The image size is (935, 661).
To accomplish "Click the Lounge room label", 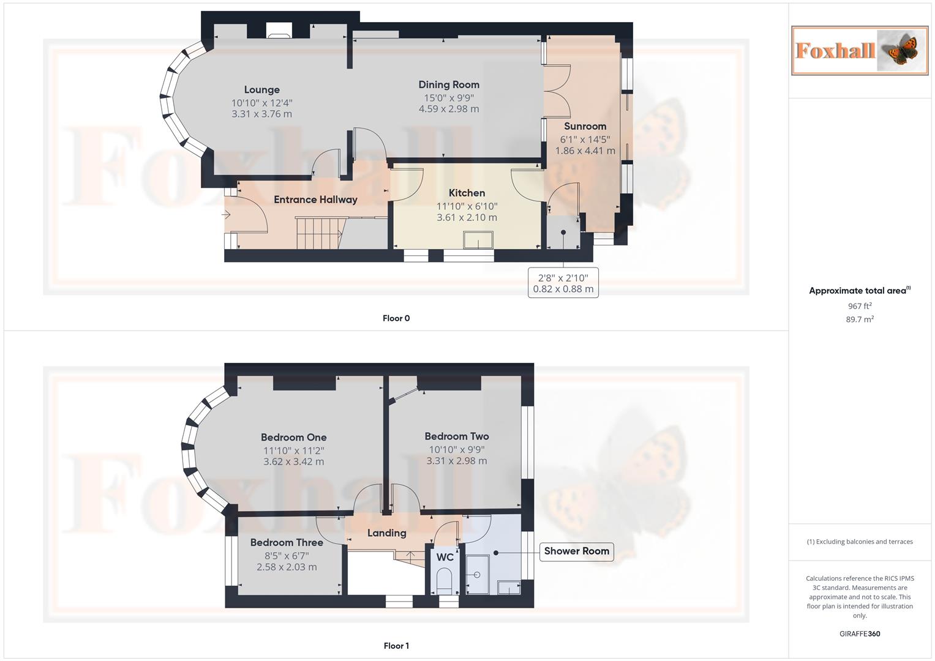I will click(x=261, y=90).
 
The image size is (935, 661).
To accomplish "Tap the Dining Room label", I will click(x=449, y=85).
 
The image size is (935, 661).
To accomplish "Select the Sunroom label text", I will click(x=585, y=127).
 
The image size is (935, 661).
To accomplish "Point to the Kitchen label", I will click(x=467, y=193).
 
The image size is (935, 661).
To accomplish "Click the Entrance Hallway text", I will click(x=315, y=200).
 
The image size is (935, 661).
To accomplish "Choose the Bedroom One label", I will click(x=293, y=438).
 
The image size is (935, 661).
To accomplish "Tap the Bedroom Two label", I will click(x=457, y=436).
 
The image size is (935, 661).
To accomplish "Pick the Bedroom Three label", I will click(x=287, y=543).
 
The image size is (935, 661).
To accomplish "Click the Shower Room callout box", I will click(x=576, y=551).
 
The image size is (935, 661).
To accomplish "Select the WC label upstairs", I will click(x=445, y=557).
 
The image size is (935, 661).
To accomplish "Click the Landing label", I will click(x=386, y=533).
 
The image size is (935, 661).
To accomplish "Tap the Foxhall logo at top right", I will click(x=860, y=50).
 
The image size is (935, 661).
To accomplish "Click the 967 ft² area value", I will click(x=860, y=306).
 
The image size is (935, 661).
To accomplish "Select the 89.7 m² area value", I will click(x=860, y=319).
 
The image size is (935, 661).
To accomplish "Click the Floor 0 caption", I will click(x=396, y=318).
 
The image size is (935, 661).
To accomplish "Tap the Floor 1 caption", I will click(x=396, y=646).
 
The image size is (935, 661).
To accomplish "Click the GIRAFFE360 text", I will click(x=860, y=634).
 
